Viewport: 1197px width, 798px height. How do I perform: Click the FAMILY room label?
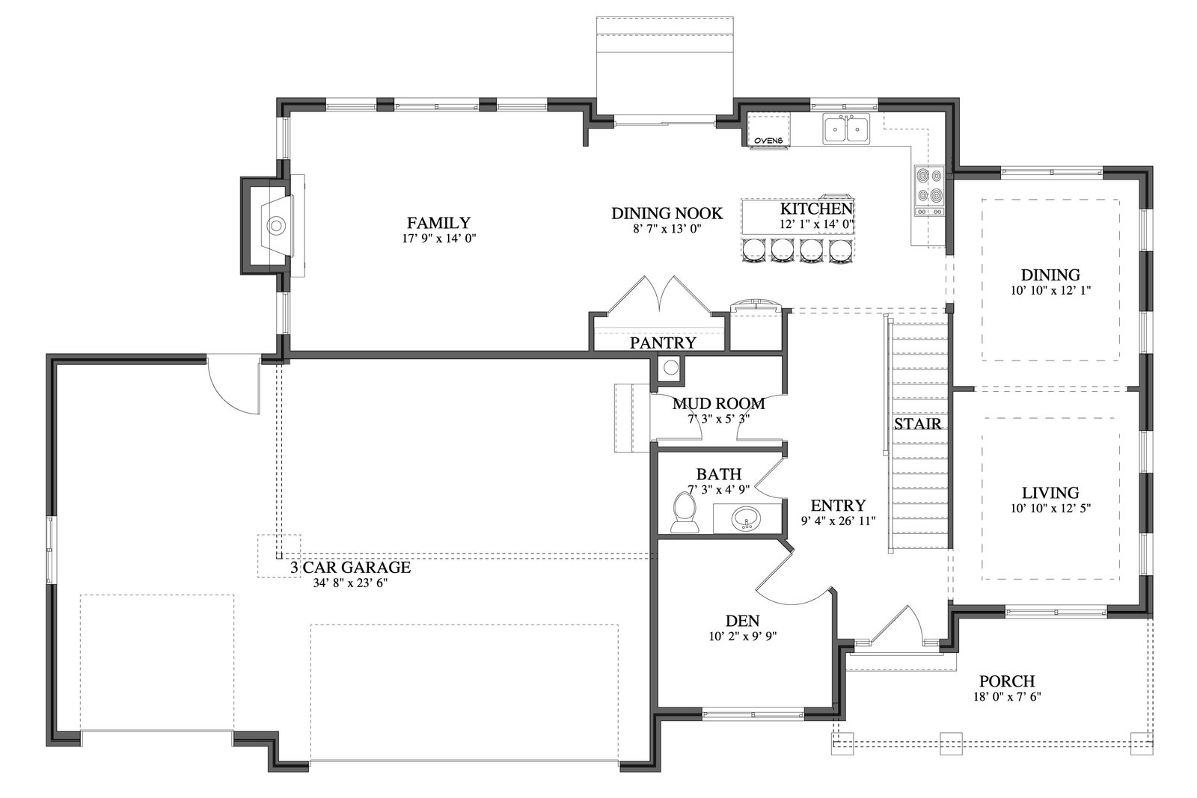click(438, 222)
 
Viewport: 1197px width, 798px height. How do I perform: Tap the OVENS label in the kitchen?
click(768, 141)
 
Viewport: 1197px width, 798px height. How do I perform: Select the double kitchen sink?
click(846, 129)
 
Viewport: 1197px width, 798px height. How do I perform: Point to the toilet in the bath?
click(685, 512)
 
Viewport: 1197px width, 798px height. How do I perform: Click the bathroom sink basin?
click(746, 518)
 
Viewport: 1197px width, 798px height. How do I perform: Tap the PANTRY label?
click(663, 343)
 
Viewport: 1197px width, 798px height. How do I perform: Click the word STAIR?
click(917, 424)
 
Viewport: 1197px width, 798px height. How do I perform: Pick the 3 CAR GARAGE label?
click(351, 567)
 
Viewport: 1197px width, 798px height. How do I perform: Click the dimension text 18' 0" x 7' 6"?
click(1007, 696)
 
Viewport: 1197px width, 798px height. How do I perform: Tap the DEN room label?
click(742, 621)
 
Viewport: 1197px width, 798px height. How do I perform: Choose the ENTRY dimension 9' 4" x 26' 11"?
click(838, 521)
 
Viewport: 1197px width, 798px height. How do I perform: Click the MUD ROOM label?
click(718, 404)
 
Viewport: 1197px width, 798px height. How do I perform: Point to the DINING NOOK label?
click(667, 214)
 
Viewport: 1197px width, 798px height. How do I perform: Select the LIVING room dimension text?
click(1050, 509)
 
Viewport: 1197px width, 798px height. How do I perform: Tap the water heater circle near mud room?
click(671, 368)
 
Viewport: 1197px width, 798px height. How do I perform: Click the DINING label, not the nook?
click(1050, 275)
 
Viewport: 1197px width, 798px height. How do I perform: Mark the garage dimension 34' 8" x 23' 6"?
click(351, 583)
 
